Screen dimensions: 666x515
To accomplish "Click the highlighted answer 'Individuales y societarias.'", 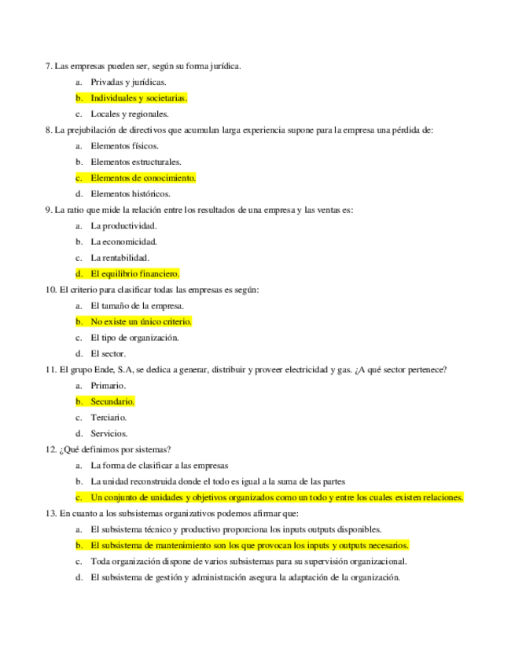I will tap(138, 98).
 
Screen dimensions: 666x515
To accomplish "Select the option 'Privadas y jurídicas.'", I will tap(127, 82).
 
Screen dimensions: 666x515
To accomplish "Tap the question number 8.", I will tap(49, 130).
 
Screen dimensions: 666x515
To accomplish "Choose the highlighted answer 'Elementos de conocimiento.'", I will tap(142, 177).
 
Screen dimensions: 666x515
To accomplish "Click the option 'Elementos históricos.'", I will tap(130, 194).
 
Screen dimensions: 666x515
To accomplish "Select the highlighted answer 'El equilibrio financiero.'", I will tap(135, 274).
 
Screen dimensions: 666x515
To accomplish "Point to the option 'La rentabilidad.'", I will tap(120, 258).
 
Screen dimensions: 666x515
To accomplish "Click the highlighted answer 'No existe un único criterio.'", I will tap(141, 322).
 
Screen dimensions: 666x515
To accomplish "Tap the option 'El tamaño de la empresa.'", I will tap(137, 306).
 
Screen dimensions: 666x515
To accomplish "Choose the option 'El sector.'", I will tap(108, 354).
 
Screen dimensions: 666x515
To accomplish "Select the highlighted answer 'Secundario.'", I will tap(112, 402).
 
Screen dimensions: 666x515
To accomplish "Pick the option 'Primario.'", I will tap(108, 386).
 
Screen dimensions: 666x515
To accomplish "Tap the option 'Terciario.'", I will tap(109, 418).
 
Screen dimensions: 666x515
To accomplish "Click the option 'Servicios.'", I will tap(109, 434).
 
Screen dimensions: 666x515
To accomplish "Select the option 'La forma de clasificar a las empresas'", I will tap(159, 466).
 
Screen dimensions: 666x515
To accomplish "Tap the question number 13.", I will tap(51, 514).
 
